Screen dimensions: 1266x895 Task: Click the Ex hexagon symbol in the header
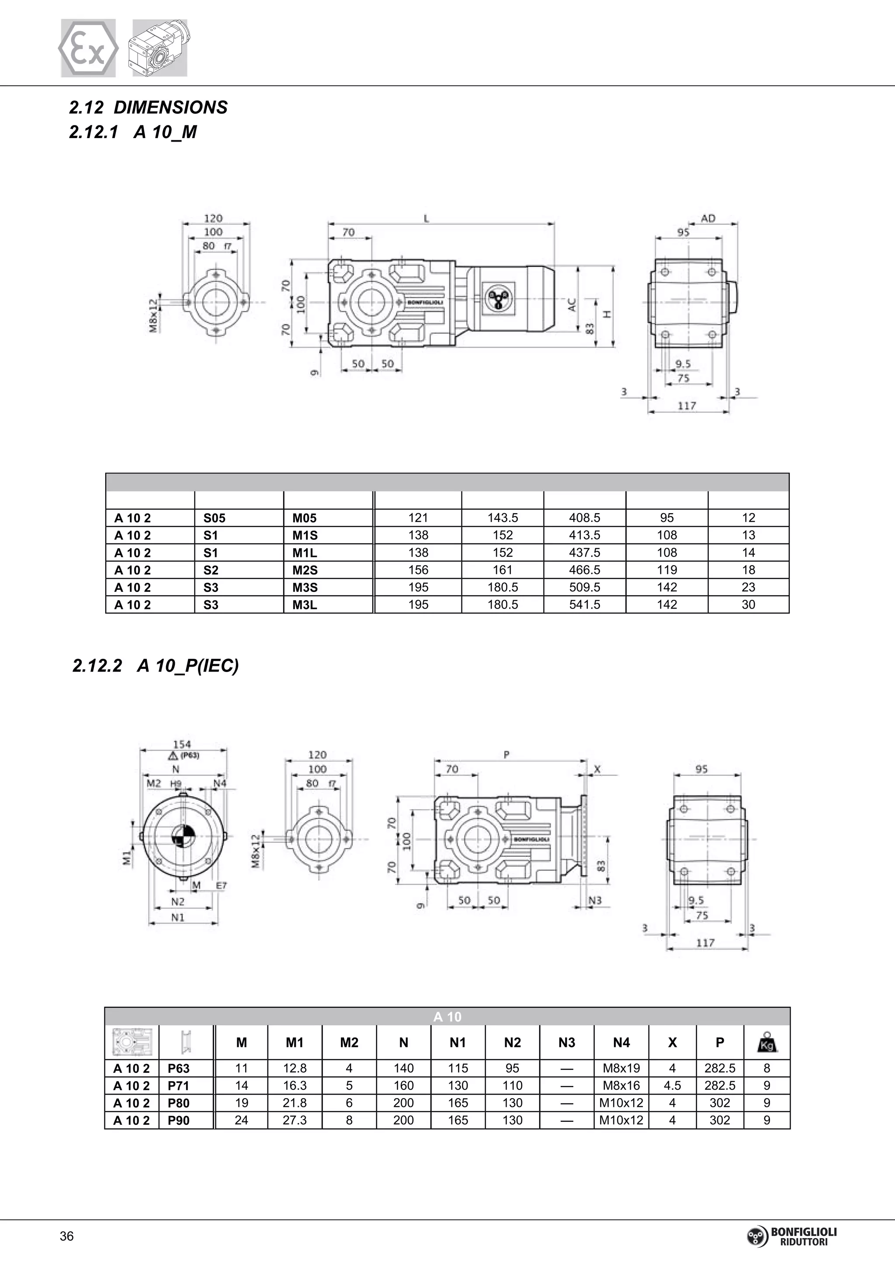coord(88,49)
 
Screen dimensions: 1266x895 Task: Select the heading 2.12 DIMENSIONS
coord(148,107)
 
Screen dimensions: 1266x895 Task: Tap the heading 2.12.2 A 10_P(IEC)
coord(156,665)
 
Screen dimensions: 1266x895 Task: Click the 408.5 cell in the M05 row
coord(584,518)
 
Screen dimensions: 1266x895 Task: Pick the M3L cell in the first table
coord(305,605)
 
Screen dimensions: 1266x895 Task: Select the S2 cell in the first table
coord(211,570)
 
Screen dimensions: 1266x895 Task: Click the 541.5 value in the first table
coord(584,605)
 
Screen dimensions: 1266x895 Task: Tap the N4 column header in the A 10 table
coord(621,1043)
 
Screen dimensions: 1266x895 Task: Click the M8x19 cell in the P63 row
coord(621,1068)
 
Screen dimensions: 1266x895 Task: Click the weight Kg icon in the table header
coord(767,1043)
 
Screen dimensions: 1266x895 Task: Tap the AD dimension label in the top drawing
coord(708,218)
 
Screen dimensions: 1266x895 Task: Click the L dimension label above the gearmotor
coord(426,218)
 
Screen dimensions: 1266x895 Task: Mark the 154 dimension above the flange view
coord(182,745)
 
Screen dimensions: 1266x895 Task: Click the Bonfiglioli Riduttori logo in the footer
coord(791,1236)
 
